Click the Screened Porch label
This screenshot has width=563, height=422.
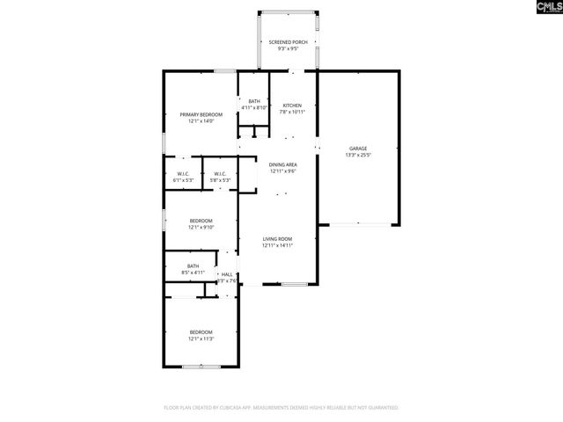coord(288,42)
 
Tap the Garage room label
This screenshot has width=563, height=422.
coord(358,149)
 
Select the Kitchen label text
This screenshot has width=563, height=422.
coord(292,105)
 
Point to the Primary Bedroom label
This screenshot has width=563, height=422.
coord(201,115)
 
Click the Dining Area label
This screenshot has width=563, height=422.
coord(282,165)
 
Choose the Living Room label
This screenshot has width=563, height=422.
coord(277,239)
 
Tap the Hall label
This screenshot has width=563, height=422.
coord(227,275)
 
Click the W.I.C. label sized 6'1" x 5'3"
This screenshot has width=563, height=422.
coord(183,174)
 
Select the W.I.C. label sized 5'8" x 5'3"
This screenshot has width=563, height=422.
coord(220,174)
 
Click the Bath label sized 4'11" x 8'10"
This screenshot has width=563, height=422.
coord(254,101)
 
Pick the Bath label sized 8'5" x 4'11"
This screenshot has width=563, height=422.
coord(194,266)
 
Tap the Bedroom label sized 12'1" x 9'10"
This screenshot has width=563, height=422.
coord(201,221)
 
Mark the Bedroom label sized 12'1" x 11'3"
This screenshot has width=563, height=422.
coord(201,332)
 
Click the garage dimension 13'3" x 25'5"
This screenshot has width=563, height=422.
coord(358,155)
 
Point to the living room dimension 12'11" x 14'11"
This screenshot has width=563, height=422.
coord(277,245)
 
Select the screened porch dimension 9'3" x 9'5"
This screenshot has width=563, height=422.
coord(288,48)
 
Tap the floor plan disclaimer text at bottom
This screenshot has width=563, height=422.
coord(281,408)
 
